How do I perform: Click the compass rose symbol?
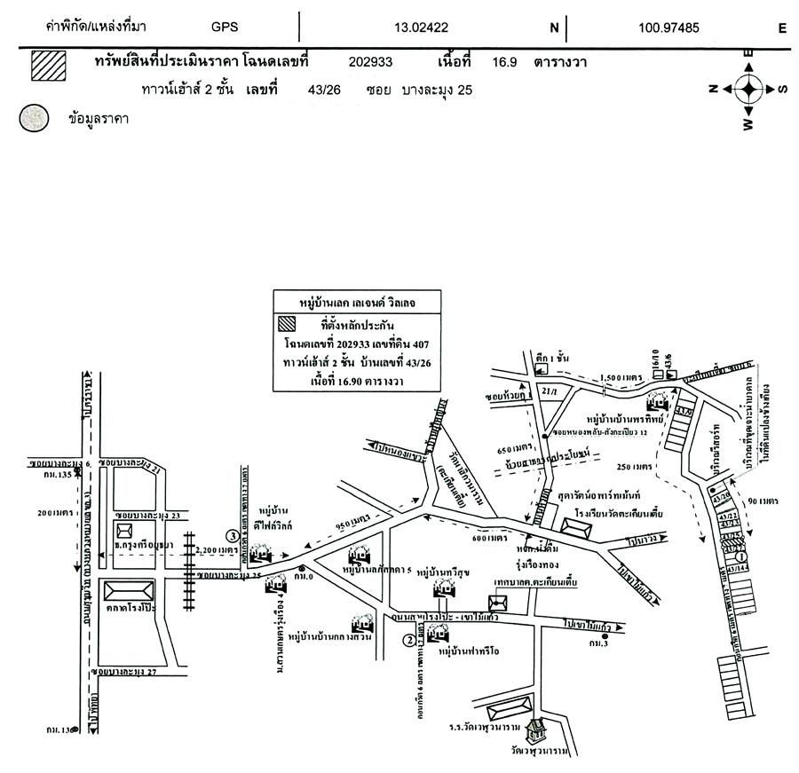(x=748, y=88)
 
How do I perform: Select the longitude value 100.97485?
(x=668, y=28)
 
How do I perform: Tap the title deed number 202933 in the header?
(x=371, y=63)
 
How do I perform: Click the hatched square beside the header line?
(x=49, y=66)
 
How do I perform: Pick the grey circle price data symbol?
(x=35, y=118)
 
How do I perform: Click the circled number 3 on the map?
(x=232, y=536)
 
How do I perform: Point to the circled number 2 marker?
(x=408, y=639)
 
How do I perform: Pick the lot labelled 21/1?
(x=547, y=390)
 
